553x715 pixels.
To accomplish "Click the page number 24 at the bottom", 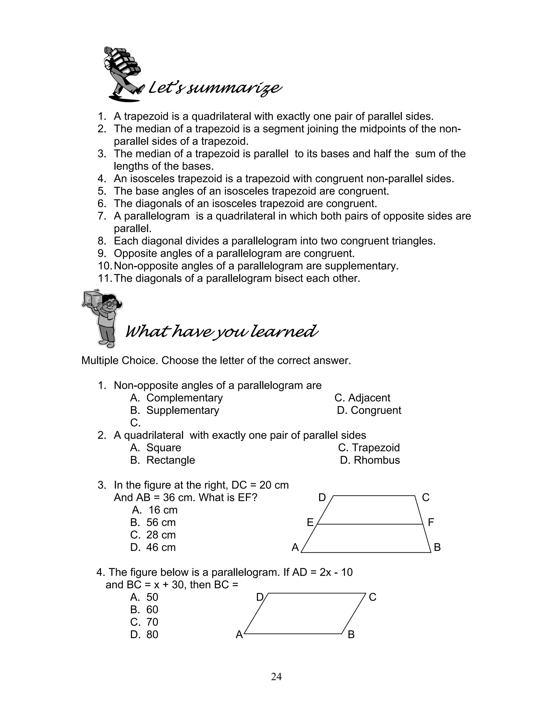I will click(x=276, y=676).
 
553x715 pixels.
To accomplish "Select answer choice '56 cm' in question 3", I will click(x=161, y=522).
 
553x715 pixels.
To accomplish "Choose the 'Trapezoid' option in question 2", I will click(x=375, y=448).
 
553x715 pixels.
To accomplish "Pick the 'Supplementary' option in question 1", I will click(x=183, y=410).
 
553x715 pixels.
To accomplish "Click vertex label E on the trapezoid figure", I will click(x=310, y=522).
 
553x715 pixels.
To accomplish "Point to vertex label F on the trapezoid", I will click(x=431, y=522).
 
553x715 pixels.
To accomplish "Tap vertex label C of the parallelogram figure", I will click(x=372, y=597).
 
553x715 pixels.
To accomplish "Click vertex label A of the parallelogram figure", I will click(x=239, y=635).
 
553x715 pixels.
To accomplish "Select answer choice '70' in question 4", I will click(x=152, y=622).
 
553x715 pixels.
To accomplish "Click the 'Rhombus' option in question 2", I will click(x=376, y=460).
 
